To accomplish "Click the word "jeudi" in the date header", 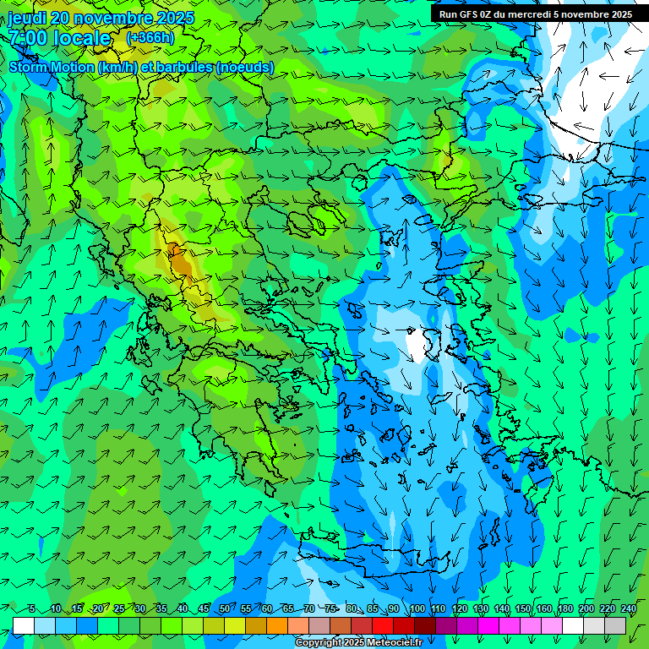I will coord(26,17).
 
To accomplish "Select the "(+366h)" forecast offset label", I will coord(150,38).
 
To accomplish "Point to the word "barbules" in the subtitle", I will coord(182,68).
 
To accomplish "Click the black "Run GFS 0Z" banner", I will coord(536,14).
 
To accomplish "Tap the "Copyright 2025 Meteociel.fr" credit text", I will coord(358,642).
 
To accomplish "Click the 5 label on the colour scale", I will coord(32,609).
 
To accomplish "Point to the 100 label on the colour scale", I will coord(417,609).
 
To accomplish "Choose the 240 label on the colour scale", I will coord(629,609).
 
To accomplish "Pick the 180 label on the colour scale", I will coord(564,609).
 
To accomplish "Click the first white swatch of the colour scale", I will coord(24,625).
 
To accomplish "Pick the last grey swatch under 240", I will coord(615,625).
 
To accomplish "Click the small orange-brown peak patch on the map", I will coord(177,255).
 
